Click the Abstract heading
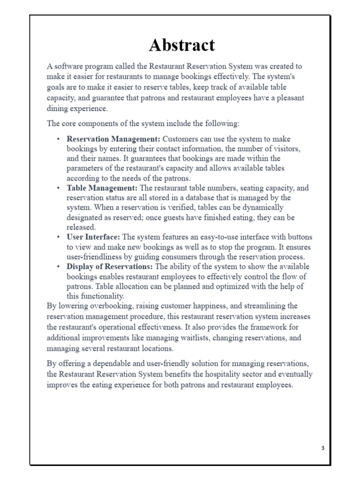click(x=182, y=45)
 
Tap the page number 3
click(x=322, y=448)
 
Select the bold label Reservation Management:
click(x=113, y=139)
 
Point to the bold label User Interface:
click(x=94, y=237)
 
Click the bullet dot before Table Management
click(x=58, y=188)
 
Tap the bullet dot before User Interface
click(x=58, y=237)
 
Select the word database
click(x=219, y=198)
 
